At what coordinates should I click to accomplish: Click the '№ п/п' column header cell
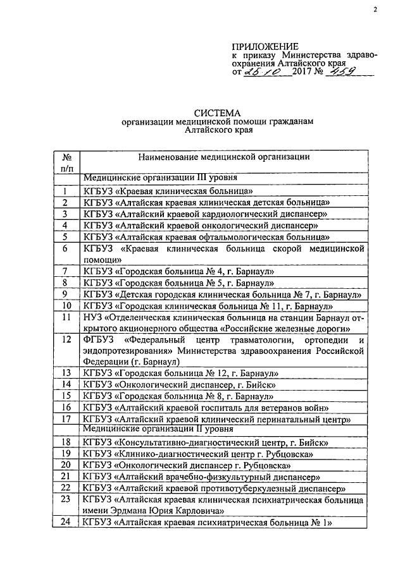pos(66,162)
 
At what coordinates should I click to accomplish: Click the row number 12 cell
pos(66,341)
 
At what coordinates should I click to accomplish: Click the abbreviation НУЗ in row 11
pos(94,317)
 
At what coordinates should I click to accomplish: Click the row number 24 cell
pos(66,523)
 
